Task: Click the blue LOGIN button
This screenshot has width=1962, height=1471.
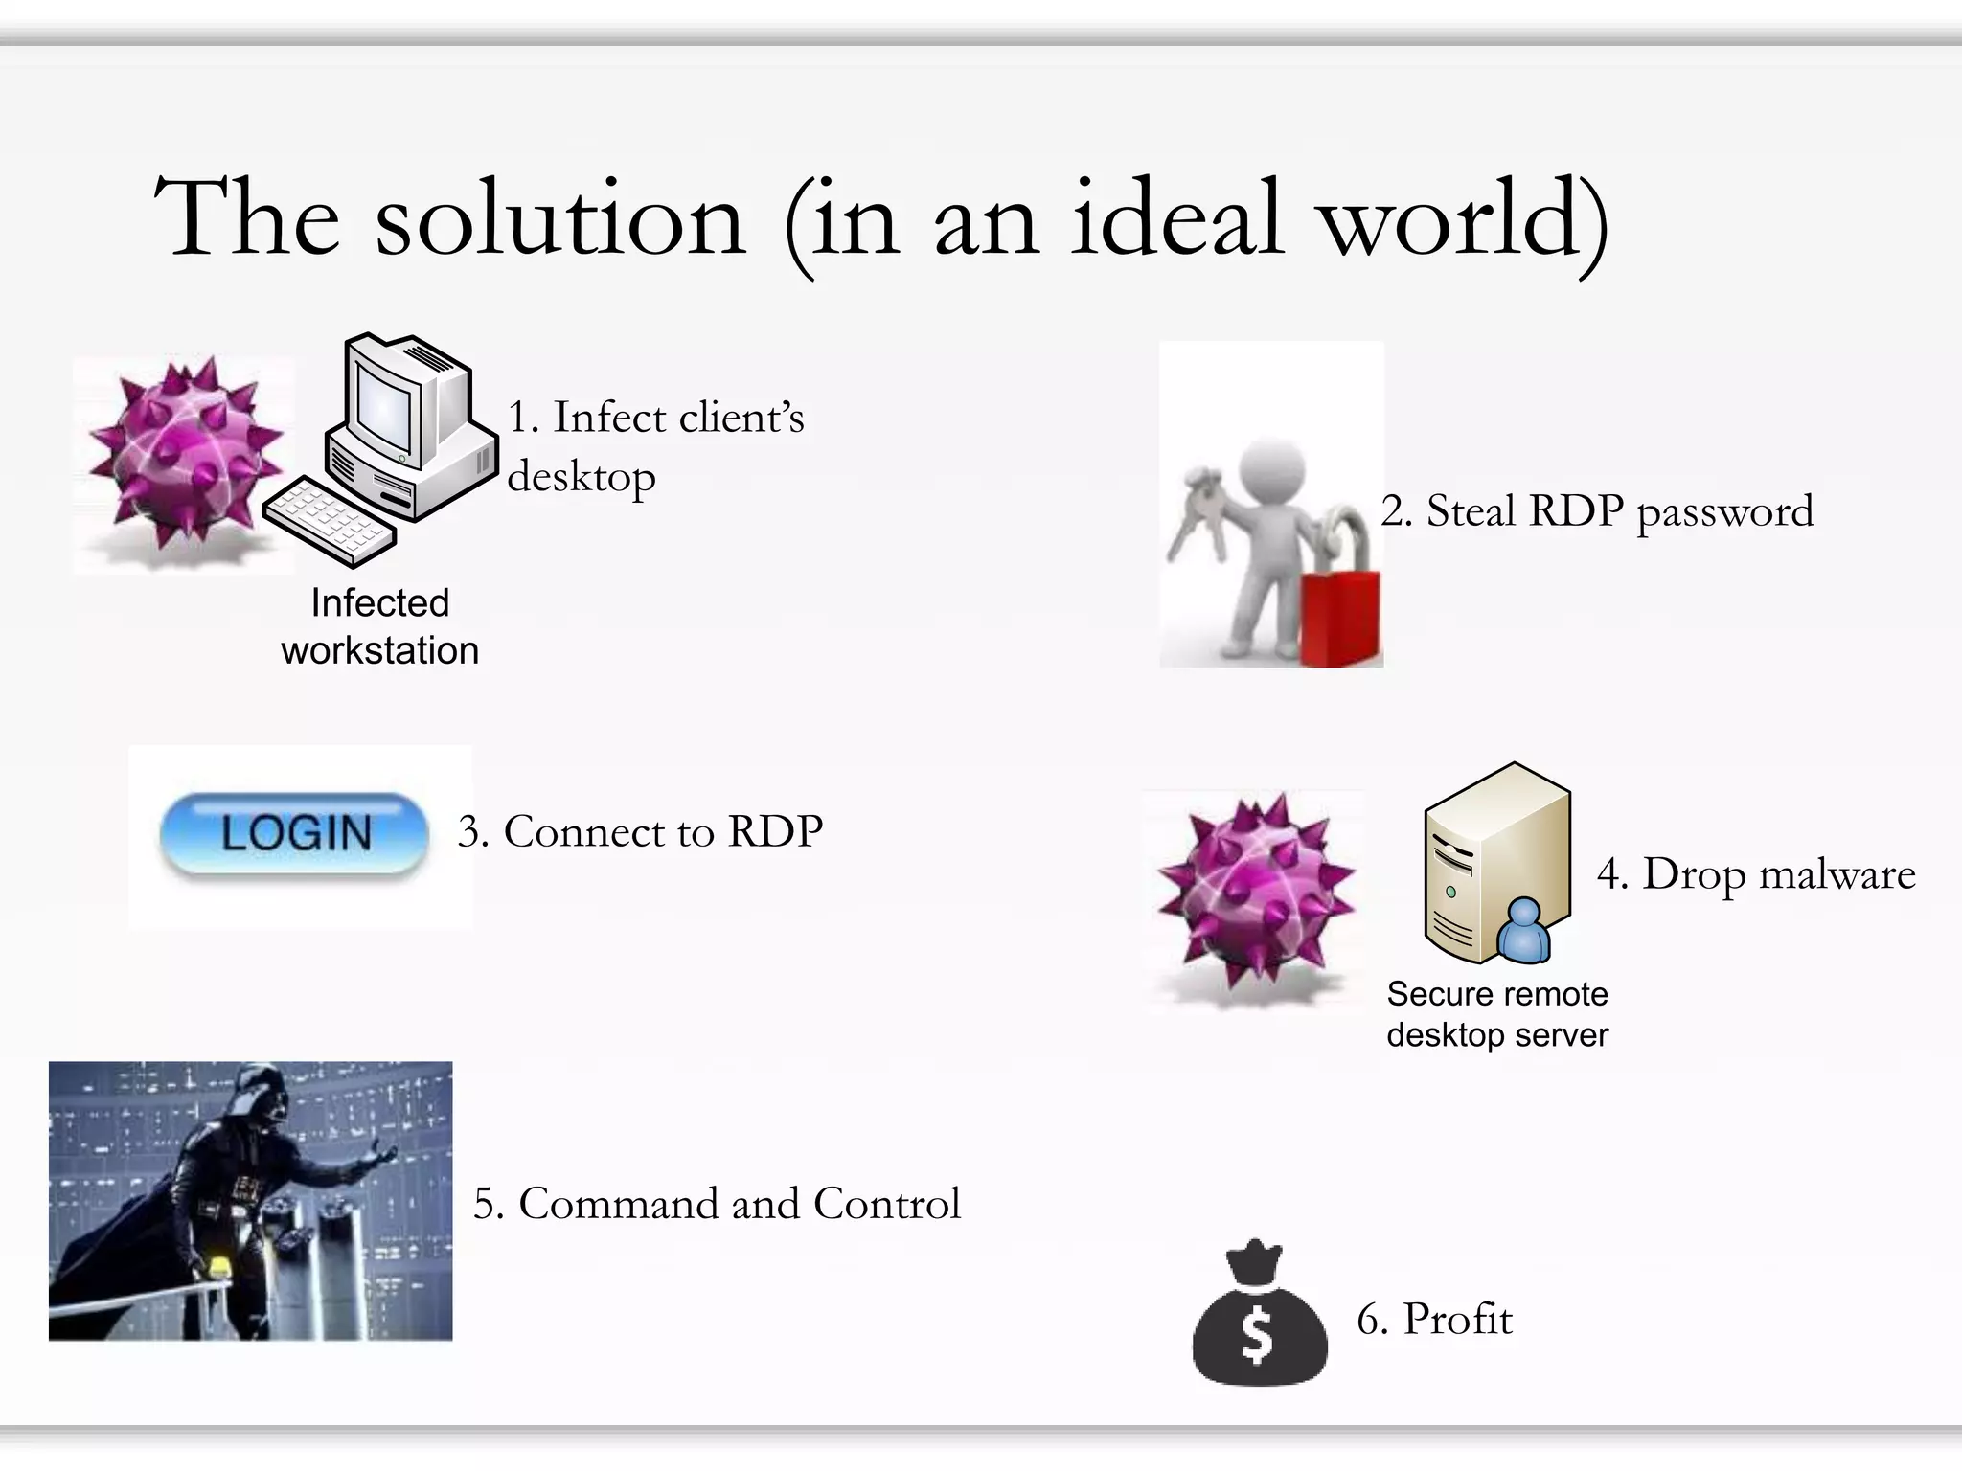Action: click(x=294, y=833)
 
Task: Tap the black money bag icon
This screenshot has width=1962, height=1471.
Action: click(x=1259, y=1322)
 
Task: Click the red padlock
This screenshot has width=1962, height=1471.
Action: click(x=1341, y=613)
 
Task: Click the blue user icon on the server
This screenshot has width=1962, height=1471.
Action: click(x=1523, y=931)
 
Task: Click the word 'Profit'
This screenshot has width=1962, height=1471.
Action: click(x=1457, y=1320)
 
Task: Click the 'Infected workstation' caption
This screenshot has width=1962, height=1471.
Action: click(x=380, y=626)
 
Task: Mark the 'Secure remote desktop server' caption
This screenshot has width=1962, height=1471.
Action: click(x=1497, y=1014)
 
